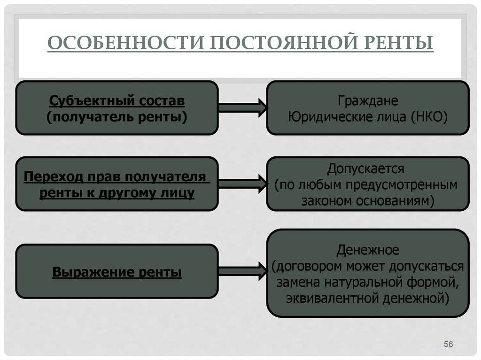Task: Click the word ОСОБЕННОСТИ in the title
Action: point(126,42)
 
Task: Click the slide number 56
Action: point(448,344)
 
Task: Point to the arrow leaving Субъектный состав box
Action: point(242,107)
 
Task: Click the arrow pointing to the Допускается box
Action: point(242,184)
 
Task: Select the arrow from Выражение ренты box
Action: point(242,271)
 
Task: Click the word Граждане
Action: point(368,100)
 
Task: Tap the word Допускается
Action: point(365,169)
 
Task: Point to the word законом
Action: point(327,201)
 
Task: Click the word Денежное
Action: point(367,250)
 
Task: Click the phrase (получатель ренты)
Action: point(117,117)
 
